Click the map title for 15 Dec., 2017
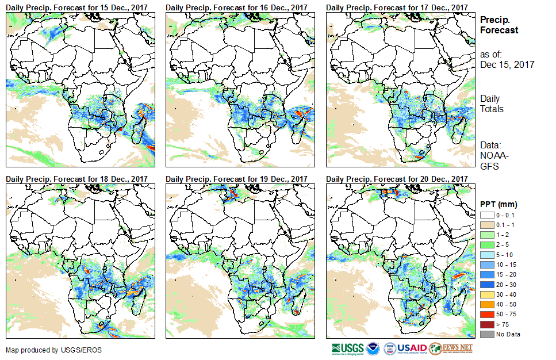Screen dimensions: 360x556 [x=78, y=7]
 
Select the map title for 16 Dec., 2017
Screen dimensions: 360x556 [x=237, y=7]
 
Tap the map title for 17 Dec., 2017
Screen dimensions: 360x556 [x=397, y=7]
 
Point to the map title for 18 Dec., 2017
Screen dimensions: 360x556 [x=78, y=179]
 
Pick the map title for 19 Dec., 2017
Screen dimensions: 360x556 [x=237, y=179]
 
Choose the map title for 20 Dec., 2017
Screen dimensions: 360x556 [x=397, y=179]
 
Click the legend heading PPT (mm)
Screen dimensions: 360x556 [x=499, y=204]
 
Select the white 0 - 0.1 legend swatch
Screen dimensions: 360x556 [x=486, y=215]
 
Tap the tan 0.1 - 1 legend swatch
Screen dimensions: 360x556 [x=486, y=224]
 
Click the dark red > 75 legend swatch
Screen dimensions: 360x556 [x=486, y=325]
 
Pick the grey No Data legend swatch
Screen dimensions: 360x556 [x=486, y=334]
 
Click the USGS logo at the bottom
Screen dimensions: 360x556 [x=348, y=348]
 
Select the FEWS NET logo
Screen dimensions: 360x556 [x=451, y=348]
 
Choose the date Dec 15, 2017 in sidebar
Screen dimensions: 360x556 [x=507, y=65]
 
